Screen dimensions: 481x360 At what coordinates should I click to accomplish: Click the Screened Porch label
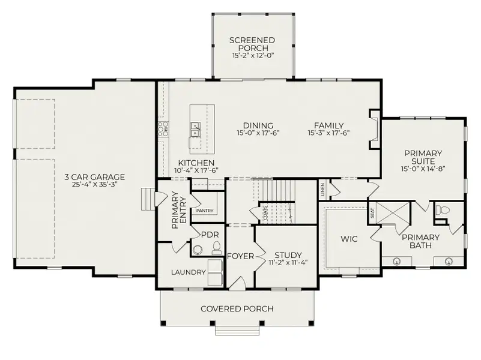tap(252, 44)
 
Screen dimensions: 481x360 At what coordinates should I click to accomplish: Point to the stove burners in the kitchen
tap(163, 129)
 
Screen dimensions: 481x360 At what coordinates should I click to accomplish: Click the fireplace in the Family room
tap(375, 129)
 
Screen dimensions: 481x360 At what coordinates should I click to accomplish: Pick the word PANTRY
tap(205, 211)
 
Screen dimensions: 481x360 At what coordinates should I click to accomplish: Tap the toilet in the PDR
tap(217, 248)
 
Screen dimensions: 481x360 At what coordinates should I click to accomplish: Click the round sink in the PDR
tap(198, 250)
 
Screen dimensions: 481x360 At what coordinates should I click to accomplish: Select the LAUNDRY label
tap(188, 272)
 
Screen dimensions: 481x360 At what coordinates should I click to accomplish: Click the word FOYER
tap(240, 256)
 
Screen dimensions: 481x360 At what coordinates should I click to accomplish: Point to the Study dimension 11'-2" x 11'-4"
tap(288, 262)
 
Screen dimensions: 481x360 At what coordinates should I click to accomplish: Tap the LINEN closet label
tap(322, 190)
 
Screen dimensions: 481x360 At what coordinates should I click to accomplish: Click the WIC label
tap(349, 239)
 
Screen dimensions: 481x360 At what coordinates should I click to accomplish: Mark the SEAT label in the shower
tap(372, 213)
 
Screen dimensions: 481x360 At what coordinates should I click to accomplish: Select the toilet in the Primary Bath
tap(443, 210)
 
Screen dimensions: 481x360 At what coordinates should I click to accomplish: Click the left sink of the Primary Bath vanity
tap(397, 262)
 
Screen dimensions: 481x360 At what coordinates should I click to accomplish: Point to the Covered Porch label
tap(237, 309)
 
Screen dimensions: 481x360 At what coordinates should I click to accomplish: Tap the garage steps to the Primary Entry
tap(148, 199)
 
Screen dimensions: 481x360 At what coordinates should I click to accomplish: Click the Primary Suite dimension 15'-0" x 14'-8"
tap(423, 169)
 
